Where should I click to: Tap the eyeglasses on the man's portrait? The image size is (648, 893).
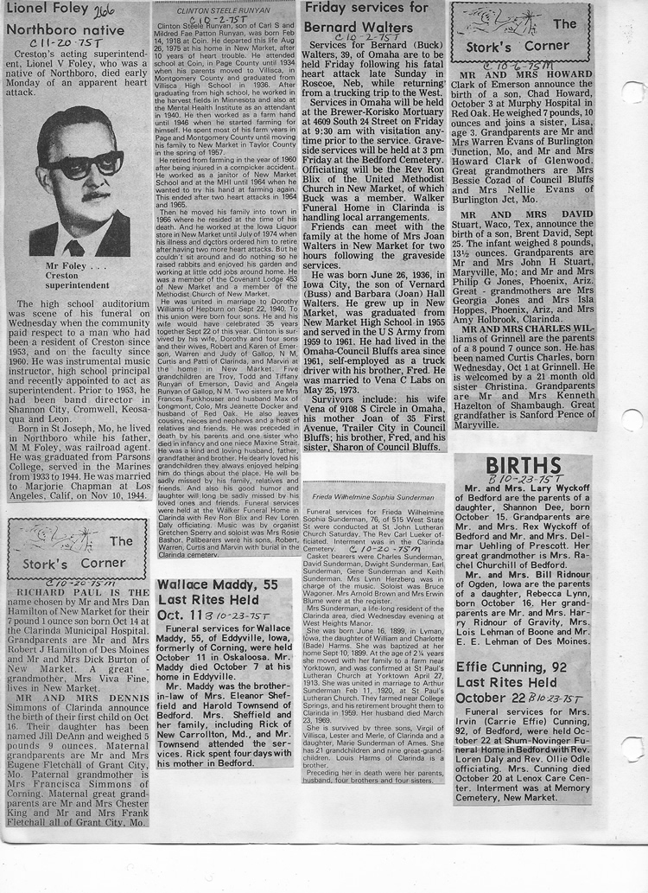(84, 163)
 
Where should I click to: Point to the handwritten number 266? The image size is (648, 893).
(105, 10)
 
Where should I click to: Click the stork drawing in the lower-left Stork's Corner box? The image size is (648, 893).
(44, 539)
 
